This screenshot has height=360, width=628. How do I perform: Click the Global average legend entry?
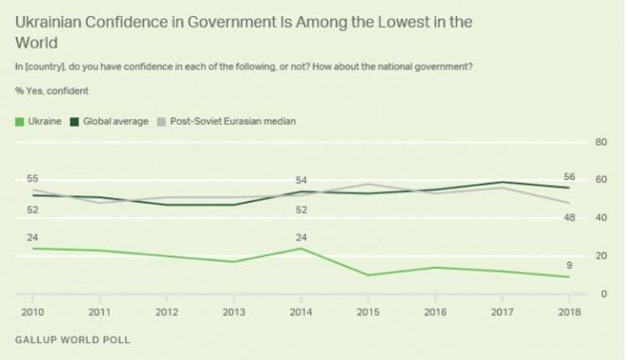click(x=116, y=121)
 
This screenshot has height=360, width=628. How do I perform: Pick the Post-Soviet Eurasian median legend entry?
click(x=230, y=121)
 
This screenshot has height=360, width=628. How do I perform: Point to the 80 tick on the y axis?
click(x=600, y=142)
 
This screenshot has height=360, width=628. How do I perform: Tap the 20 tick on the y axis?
click(x=600, y=255)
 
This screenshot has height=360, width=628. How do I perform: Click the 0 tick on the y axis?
click(x=603, y=294)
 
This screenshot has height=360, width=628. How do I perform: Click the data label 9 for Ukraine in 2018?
click(x=569, y=265)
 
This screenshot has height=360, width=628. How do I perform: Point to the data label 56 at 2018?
click(x=569, y=177)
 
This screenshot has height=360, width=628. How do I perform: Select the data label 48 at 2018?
click(x=569, y=218)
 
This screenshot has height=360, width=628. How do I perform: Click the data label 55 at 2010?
click(x=33, y=179)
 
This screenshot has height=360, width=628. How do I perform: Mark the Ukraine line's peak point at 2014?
click(x=301, y=248)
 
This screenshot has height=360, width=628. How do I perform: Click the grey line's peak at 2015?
click(x=368, y=184)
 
